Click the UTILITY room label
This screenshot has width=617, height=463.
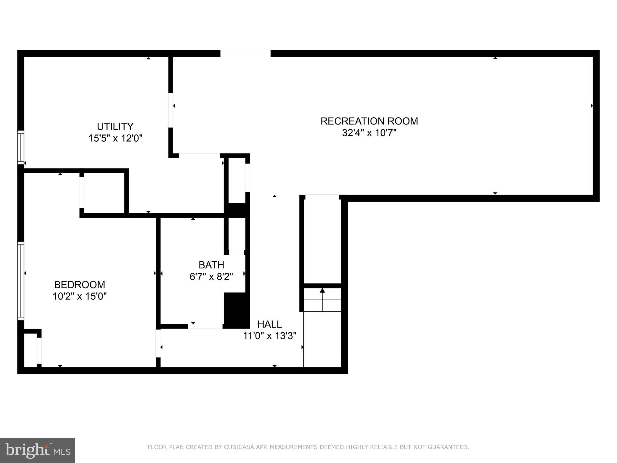(115, 126)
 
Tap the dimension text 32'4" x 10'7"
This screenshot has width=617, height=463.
(369, 133)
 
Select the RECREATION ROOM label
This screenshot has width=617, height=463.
(369, 121)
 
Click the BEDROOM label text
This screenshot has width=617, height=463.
(80, 285)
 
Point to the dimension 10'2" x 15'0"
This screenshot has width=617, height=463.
(80, 297)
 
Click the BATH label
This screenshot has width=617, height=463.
(211, 265)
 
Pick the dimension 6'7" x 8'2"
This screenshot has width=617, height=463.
(211, 277)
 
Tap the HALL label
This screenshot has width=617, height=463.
(269, 324)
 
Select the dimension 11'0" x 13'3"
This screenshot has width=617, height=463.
(269, 336)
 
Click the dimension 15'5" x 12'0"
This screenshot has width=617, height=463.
(115, 138)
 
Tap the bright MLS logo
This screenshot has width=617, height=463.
(37, 450)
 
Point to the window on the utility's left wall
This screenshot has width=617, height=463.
(20, 147)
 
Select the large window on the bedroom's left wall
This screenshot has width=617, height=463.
(20, 281)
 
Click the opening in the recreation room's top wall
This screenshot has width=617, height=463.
(245, 54)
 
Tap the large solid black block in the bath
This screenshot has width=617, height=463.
(236, 310)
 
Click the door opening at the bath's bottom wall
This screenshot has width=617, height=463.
(205, 326)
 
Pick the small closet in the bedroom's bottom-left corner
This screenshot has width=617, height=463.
(30, 350)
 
